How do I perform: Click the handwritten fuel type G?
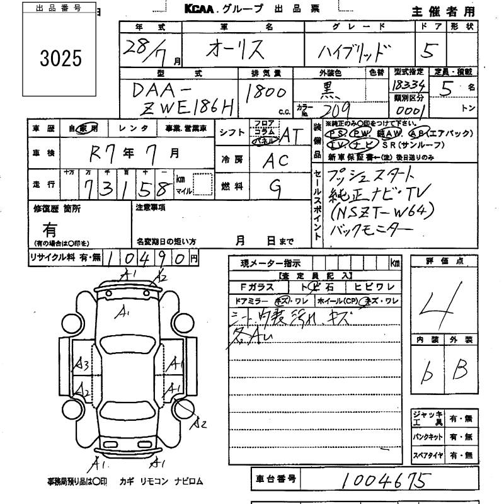(275, 186)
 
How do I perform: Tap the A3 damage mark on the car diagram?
(81, 364)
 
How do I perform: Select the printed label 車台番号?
(276, 479)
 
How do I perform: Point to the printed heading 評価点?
(441, 261)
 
